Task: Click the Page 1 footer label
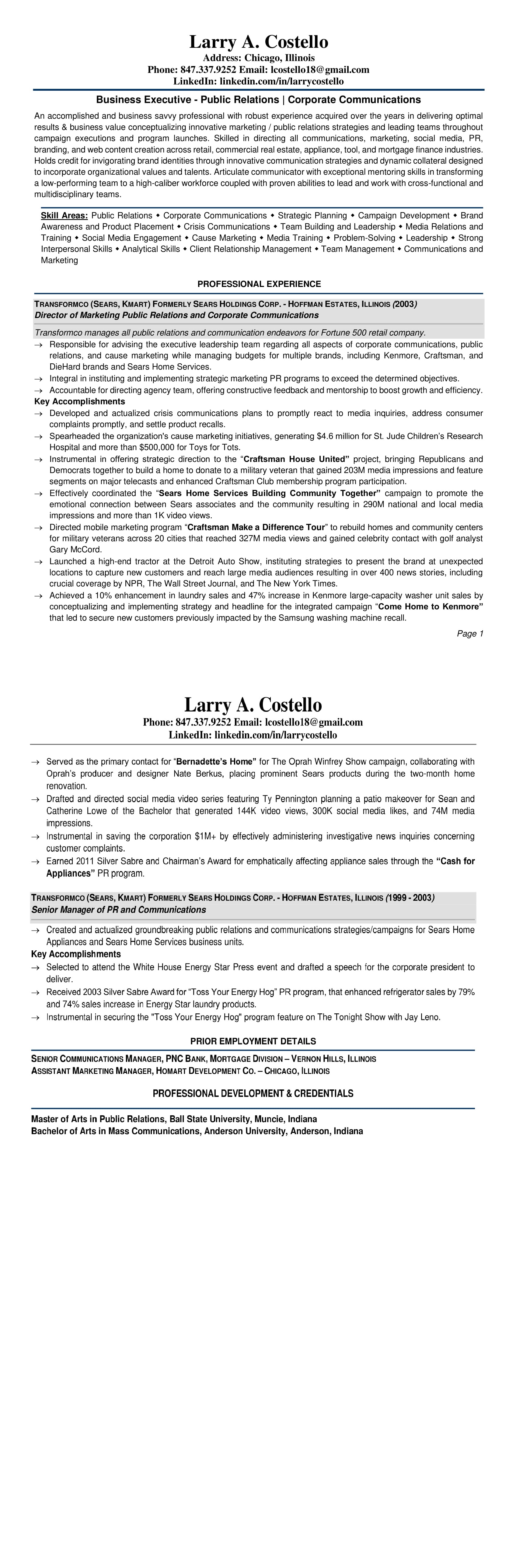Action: [x=470, y=634]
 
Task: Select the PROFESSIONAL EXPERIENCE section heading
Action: [x=259, y=284]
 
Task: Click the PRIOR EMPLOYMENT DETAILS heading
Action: [x=253, y=1041]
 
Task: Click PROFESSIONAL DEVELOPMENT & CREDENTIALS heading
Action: [x=253, y=1094]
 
